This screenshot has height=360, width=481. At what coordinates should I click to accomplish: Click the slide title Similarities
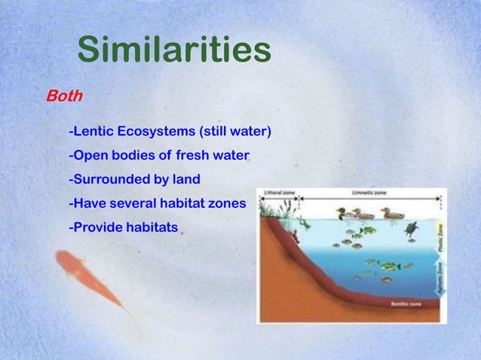[174, 50]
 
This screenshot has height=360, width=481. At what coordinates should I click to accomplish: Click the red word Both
[64, 97]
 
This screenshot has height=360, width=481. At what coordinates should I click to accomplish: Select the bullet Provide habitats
[123, 226]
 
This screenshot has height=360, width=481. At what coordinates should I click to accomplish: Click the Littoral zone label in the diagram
[278, 193]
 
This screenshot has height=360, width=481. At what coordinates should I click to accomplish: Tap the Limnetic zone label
[369, 193]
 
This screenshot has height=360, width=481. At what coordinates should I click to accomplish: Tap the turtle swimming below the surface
[412, 228]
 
